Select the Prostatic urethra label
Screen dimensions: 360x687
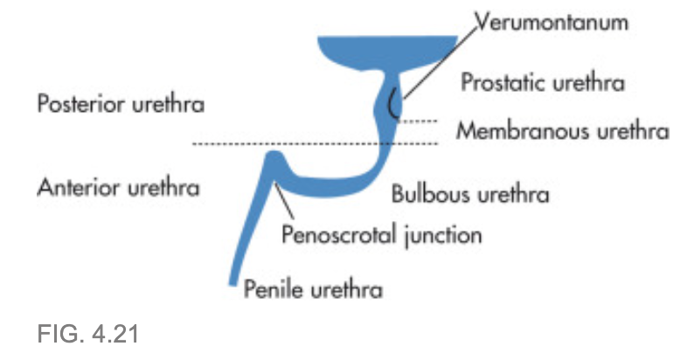tap(543, 84)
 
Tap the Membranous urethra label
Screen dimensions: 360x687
tap(564, 132)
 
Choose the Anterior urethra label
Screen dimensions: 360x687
tap(119, 187)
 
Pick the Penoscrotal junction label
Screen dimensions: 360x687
tap(381, 234)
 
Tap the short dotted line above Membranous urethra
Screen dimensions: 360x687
tap(418, 121)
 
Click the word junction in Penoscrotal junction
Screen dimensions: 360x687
tap(445, 234)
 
